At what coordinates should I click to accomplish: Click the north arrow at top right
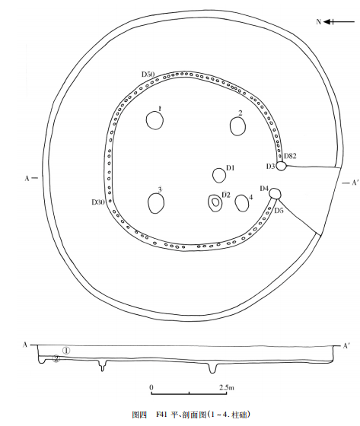point(339,22)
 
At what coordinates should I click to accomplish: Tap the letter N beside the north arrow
point(319,22)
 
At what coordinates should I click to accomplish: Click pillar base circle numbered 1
point(155,120)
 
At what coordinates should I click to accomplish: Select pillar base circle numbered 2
point(238,126)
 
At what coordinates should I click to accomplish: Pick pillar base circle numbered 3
point(156,203)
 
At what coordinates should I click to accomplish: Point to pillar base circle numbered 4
point(242,203)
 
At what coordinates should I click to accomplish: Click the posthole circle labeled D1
point(219,176)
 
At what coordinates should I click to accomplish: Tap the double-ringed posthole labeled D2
point(215,203)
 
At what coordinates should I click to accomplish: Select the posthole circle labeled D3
point(282,166)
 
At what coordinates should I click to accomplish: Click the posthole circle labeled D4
point(275,193)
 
